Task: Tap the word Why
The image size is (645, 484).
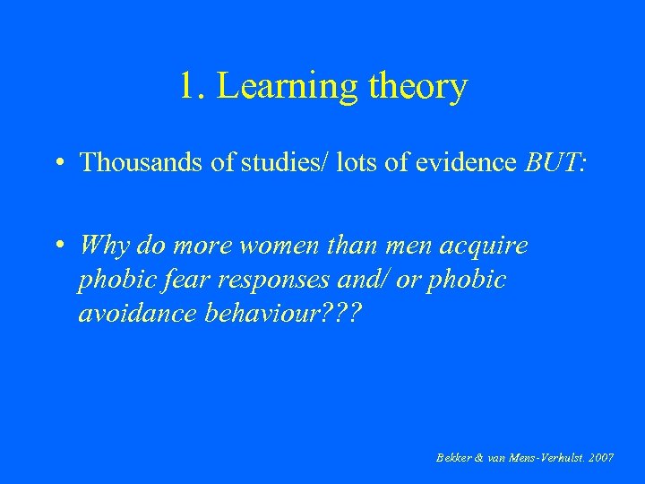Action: coord(104,245)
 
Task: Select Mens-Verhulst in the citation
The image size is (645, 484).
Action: coord(546,457)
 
